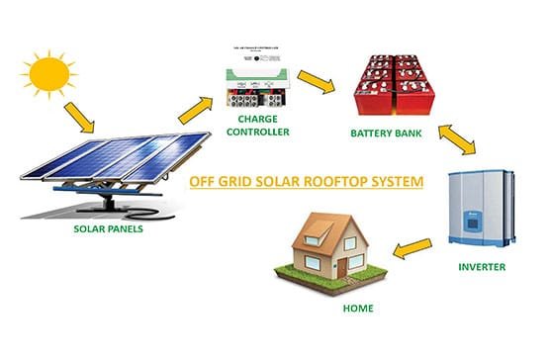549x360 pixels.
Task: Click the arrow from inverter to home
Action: [x=412, y=243]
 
